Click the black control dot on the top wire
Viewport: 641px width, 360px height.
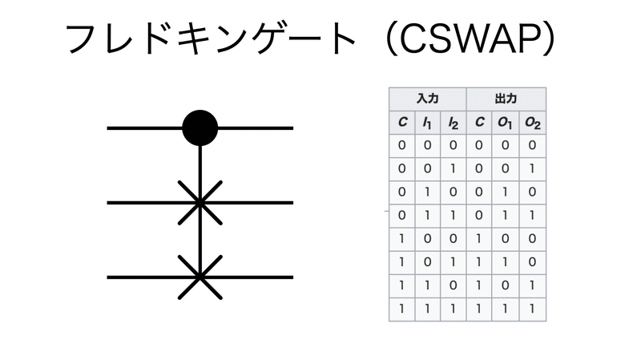tap(200, 127)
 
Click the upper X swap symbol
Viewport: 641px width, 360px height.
tap(200, 203)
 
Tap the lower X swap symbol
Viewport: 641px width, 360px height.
tap(200, 277)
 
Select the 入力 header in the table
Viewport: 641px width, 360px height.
tap(428, 99)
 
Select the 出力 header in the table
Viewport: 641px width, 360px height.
tap(506, 99)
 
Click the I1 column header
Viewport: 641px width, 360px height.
tap(428, 123)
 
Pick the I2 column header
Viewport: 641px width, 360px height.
tap(454, 123)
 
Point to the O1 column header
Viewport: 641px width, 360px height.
tap(506, 123)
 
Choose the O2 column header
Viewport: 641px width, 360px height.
tap(532, 123)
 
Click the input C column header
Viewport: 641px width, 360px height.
tap(402, 123)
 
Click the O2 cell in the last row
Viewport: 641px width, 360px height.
tap(532, 309)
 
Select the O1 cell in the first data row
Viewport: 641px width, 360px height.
tap(506, 146)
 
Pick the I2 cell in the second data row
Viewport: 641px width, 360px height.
tap(454, 169)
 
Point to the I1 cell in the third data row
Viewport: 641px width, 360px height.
tap(428, 192)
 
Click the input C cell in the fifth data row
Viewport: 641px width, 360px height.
tap(402, 239)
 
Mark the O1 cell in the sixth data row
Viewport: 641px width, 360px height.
tap(506, 262)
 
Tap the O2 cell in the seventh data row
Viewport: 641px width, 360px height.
tap(532, 285)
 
